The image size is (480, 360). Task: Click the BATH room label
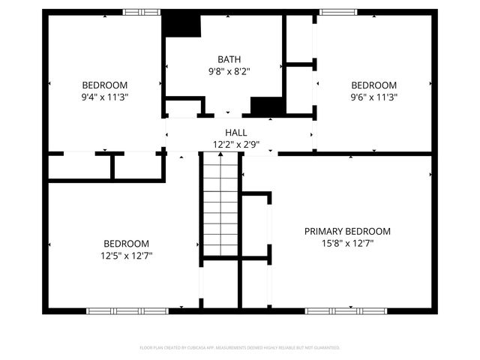229,59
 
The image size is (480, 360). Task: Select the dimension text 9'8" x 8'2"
229,71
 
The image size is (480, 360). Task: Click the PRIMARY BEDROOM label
347,231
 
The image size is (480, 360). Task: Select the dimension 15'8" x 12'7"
347,243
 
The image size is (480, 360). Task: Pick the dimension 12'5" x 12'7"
126,255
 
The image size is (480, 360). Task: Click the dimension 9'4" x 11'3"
104,97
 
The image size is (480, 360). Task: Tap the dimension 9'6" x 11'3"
373,97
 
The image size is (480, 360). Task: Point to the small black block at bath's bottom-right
265,106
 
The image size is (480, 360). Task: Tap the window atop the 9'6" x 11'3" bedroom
338,12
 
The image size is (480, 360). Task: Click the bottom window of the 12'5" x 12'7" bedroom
125,310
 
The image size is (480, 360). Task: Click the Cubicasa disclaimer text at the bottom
240,348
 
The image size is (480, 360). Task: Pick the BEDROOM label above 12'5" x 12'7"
126,243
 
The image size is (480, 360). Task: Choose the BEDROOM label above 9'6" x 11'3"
373,85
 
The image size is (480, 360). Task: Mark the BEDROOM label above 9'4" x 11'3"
104,85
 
